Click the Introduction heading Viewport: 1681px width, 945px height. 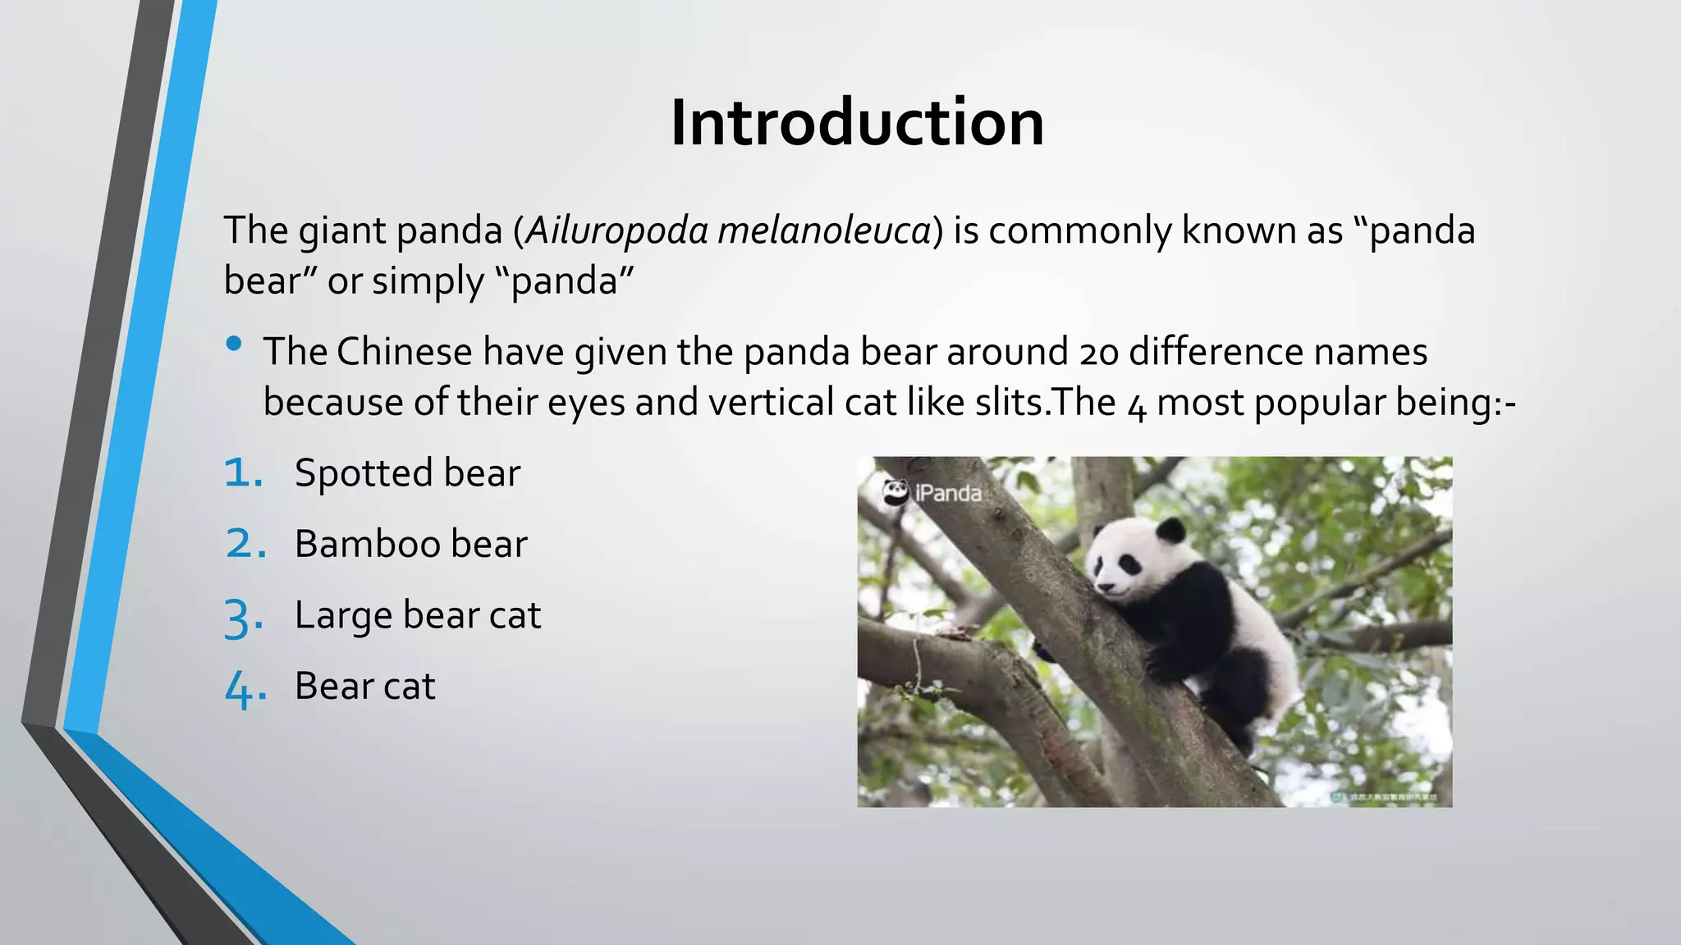[856, 123]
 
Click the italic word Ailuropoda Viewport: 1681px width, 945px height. [616, 231]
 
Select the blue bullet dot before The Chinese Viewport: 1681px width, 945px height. [234, 344]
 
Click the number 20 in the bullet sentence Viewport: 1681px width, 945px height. [1099, 353]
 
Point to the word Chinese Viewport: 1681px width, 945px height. [404, 353]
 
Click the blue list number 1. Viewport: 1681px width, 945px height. [243, 473]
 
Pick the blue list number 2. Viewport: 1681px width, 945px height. [245, 545]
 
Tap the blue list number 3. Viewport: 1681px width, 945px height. [243, 618]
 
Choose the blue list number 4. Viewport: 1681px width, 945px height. [244, 688]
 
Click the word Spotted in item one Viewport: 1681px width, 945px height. [363, 473]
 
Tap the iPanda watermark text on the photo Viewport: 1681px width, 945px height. [948, 493]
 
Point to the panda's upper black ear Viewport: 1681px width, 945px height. [1170, 530]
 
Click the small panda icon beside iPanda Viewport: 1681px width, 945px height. [895, 492]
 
